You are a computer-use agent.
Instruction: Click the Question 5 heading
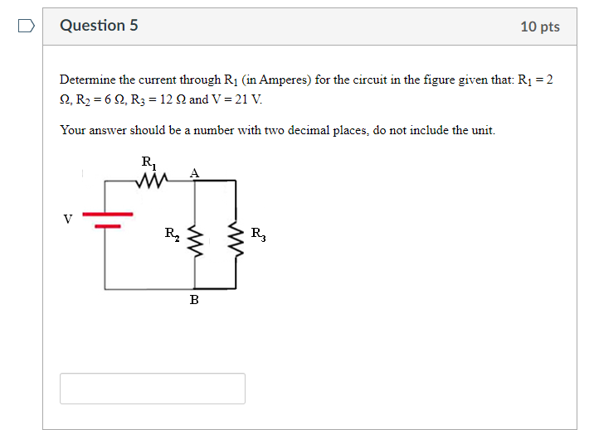point(99,26)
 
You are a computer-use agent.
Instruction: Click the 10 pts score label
point(539,27)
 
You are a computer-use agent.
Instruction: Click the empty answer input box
point(152,388)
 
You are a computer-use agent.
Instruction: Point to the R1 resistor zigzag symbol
point(155,179)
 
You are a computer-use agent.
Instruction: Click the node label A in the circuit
point(194,172)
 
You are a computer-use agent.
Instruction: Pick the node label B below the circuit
point(194,300)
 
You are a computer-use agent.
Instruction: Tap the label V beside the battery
point(67,220)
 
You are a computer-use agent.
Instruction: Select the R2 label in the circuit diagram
point(170,234)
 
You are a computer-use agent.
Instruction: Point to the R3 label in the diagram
point(258,234)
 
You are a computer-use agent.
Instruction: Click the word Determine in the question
point(87,80)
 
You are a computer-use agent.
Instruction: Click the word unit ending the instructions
point(482,130)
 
